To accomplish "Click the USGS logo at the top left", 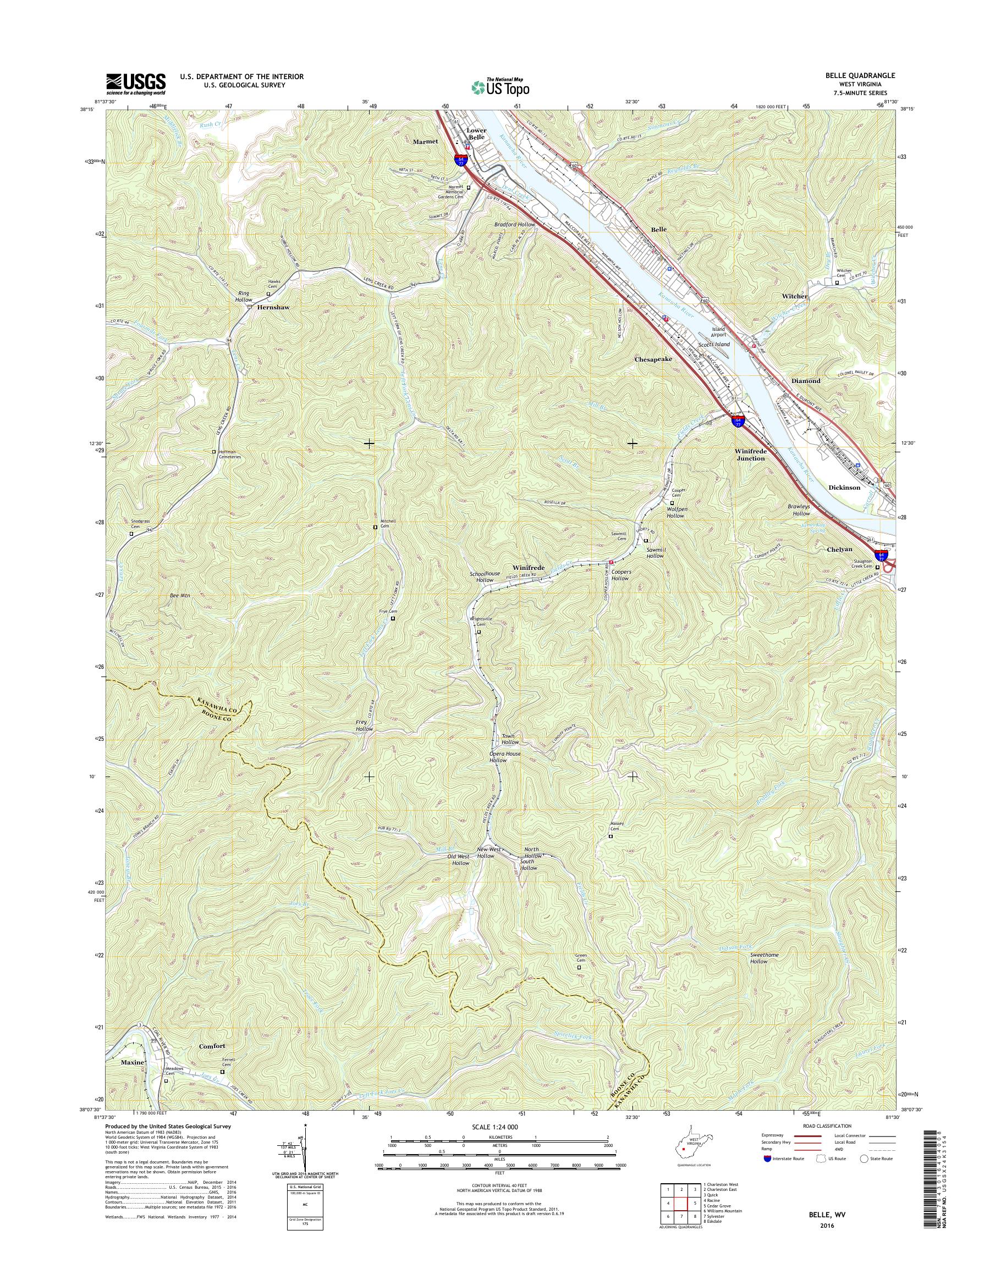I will (135, 84).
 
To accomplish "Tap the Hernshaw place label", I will (271, 307).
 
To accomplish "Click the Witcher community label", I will (795, 296).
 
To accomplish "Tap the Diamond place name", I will (806, 381).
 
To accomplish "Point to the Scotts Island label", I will (713, 345).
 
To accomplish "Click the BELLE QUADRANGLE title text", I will (856, 75).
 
